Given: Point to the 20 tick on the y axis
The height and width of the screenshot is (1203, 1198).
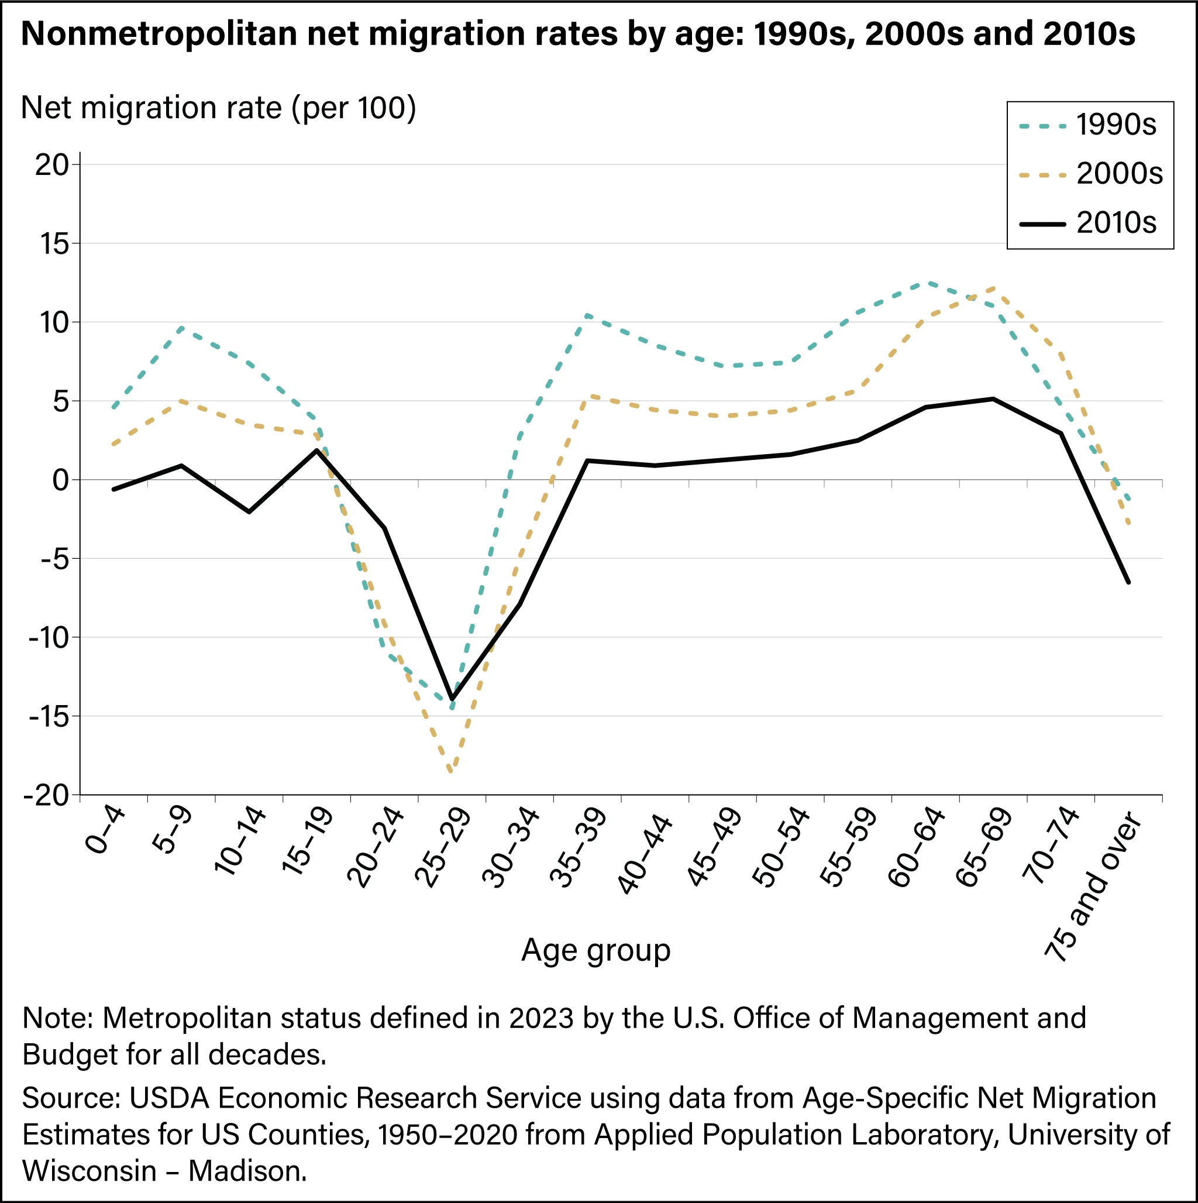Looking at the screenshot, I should [x=51, y=165].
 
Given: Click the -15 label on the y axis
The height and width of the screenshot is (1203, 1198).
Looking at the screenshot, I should [x=47, y=717].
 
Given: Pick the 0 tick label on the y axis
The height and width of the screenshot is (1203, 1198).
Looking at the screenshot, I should [x=60, y=480].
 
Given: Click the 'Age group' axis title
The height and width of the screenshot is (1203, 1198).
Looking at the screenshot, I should [x=596, y=951].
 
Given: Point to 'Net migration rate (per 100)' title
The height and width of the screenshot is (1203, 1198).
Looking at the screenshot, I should [x=219, y=108].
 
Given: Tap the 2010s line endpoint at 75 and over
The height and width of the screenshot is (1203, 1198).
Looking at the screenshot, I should [x=1128, y=582].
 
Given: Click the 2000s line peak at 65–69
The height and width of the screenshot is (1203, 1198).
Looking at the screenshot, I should [x=993, y=287].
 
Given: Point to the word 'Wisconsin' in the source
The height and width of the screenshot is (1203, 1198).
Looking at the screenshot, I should [x=89, y=1171].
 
